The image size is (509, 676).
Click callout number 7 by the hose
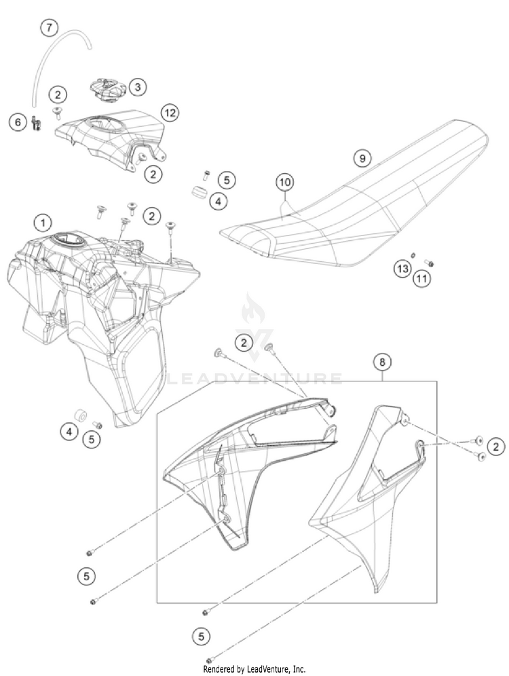[x=49, y=28]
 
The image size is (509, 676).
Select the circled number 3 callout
[x=137, y=86]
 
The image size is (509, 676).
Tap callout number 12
[x=169, y=112]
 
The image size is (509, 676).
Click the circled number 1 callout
[x=43, y=222]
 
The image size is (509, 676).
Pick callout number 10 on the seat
[x=285, y=182]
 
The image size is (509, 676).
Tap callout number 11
[x=422, y=278]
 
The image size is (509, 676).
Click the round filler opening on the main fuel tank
[x=68, y=240]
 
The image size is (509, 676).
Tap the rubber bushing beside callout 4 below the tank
[x=80, y=414]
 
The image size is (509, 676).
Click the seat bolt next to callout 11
[x=429, y=263]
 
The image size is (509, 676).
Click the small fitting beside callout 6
[x=35, y=122]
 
